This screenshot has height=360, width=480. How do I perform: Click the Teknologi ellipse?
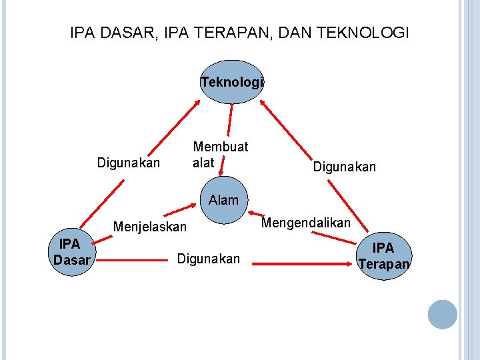[232, 82]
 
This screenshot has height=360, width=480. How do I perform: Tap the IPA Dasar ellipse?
[71, 252]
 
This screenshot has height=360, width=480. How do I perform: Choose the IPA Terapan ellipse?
[384, 255]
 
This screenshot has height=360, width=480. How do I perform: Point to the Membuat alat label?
[219, 154]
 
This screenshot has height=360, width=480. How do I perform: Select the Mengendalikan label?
[306, 223]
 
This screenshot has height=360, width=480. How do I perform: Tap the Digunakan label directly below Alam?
[208, 259]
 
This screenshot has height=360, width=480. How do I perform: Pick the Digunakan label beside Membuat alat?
[129, 163]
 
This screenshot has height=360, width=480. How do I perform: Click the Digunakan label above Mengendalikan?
[345, 167]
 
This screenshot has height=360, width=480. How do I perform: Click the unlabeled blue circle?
[442, 314]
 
